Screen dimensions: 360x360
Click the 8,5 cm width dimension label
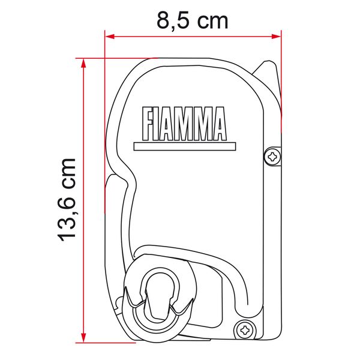(193, 19)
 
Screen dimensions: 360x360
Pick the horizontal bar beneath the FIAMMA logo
(181, 145)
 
